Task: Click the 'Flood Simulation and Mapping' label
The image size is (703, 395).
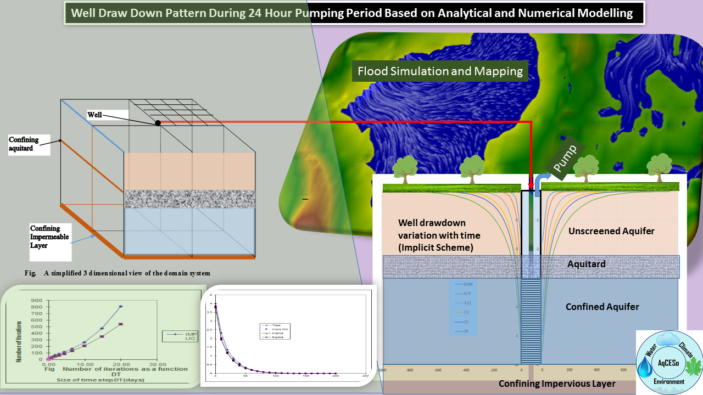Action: tap(440, 71)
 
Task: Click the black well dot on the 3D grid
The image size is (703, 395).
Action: tap(158, 123)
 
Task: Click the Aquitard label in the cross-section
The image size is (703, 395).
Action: tap(586, 264)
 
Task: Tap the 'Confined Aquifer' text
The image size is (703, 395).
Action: tap(602, 307)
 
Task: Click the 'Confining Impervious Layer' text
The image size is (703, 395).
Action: tap(556, 383)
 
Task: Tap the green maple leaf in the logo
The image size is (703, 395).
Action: tap(690, 365)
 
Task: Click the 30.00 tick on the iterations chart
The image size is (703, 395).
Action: tap(158, 364)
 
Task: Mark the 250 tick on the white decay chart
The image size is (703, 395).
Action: tap(365, 376)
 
